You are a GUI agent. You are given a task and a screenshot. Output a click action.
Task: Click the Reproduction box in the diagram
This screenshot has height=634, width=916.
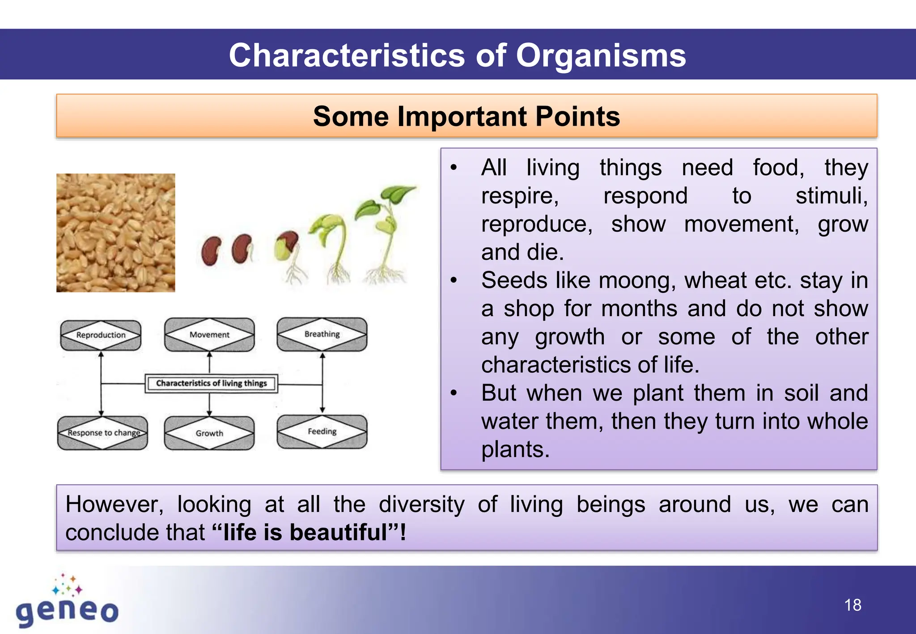coord(101,335)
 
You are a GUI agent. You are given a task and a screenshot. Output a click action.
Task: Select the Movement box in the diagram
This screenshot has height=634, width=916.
coord(209,334)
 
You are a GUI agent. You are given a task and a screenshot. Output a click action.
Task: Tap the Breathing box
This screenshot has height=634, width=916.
coord(322,334)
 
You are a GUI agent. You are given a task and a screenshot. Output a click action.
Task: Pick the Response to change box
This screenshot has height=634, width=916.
coord(103,433)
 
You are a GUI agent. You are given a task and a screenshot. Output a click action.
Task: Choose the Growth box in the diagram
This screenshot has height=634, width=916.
coord(209,433)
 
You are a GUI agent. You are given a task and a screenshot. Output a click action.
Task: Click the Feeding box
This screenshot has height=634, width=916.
coord(322,431)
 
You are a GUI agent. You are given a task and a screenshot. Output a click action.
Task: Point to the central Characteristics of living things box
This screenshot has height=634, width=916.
coord(211,383)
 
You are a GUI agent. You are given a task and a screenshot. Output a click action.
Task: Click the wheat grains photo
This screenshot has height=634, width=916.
coord(115,233)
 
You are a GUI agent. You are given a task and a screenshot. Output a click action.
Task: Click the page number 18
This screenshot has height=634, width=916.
coord(852,605)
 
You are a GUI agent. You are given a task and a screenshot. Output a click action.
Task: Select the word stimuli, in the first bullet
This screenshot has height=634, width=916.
coord(831,196)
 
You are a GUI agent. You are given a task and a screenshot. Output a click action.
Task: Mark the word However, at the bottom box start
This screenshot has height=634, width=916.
coord(114,504)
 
